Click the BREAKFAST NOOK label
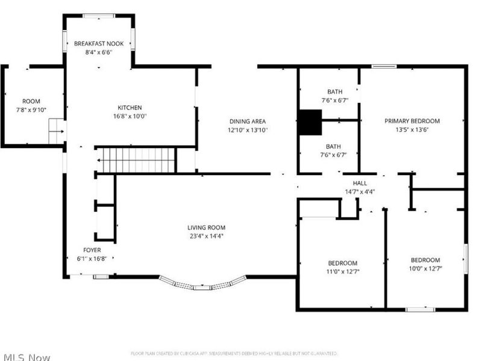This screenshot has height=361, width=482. [x=98, y=43]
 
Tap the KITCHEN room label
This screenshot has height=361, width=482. [x=130, y=108]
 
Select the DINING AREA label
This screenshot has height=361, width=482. [x=247, y=121]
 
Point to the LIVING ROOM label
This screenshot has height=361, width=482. [x=206, y=227]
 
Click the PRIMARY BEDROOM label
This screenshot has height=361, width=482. [x=412, y=121]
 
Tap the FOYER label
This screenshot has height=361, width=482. [x=92, y=250]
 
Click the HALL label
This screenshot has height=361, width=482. [x=360, y=184]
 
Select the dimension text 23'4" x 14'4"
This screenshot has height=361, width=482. [x=206, y=236]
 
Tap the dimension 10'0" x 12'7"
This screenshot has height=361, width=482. [x=425, y=269]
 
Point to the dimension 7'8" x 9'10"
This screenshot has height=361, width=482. [x=31, y=110]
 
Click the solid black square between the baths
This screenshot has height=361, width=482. [x=311, y=122]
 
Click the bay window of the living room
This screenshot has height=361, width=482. [x=202, y=285]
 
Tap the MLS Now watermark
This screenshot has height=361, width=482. [x=25, y=357]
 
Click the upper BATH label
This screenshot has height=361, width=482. [x=334, y=91]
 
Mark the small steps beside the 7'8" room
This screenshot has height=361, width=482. [x=56, y=131]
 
